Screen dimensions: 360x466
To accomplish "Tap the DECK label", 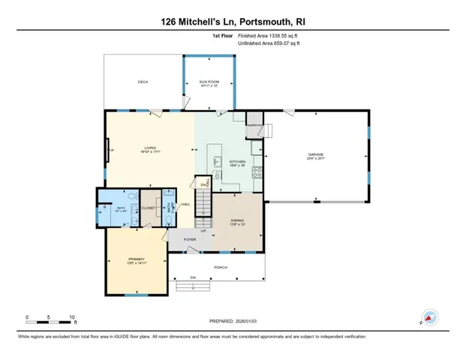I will pyautogui.click(x=142, y=82).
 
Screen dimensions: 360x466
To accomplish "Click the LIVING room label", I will pyautogui.click(x=149, y=148).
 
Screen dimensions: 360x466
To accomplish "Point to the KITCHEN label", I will pyautogui.click(x=237, y=161).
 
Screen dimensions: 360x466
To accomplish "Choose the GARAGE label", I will pyautogui.click(x=316, y=156).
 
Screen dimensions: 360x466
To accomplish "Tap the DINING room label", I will pyautogui.click(x=237, y=220).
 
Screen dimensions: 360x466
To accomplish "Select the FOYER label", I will pyautogui.click(x=190, y=239).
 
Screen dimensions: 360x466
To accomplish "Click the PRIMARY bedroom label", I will pyautogui.click(x=135, y=261).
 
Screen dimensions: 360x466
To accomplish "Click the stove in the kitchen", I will pyautogui.click(x=257, y=170).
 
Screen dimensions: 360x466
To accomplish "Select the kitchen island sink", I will pyautogui.click(x=216, y=160).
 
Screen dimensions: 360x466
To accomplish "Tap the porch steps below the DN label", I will pyautogui.click(x=191, y=285).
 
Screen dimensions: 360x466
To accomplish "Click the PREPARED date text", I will pyautogui.click(x=233, y=320).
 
